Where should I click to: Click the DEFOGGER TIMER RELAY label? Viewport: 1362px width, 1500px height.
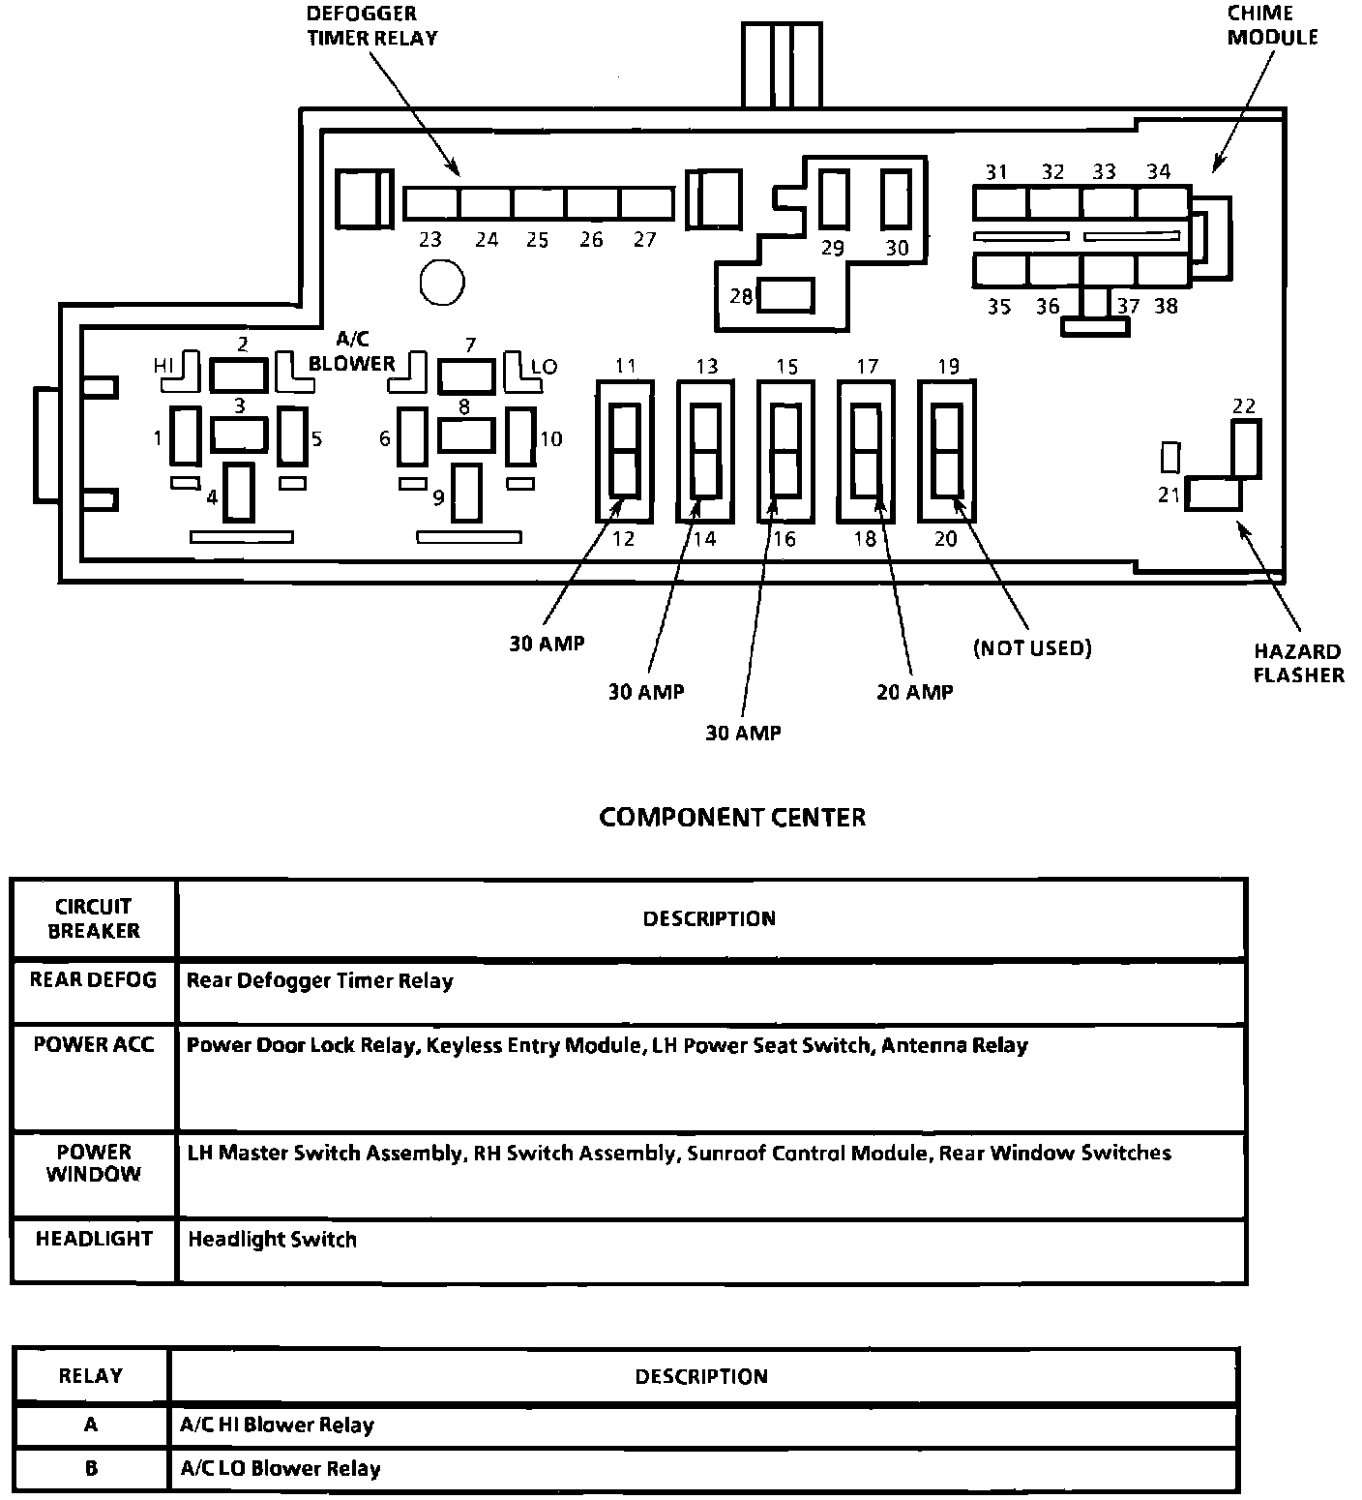click(x=371, y=26)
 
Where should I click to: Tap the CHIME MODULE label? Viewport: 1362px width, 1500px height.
click(x=1272, y=25)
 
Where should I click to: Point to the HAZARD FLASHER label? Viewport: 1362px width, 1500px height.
click(x=1298, y=663)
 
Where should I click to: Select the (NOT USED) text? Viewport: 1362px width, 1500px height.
click(x=1031, y=648)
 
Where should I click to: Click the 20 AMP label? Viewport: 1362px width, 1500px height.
click(x=914, y=692)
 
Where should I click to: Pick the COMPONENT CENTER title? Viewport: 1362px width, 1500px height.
click(x=732, y=818)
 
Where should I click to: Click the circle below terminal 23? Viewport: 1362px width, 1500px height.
click(x=442, y=283)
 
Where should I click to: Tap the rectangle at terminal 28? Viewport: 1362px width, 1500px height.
click(x=785, y=295)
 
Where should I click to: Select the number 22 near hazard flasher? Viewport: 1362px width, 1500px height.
click(x=1244, y=405)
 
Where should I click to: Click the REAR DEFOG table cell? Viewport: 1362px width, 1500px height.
click(x=93, y=980)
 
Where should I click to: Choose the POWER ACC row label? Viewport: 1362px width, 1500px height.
click(x=93, y=1045)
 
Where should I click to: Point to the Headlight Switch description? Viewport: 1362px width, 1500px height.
click(x=272, y=1240)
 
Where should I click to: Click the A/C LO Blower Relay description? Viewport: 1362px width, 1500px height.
click(x=280, y=1469)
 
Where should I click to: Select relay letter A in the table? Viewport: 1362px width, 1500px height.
click(x=91, y=1425)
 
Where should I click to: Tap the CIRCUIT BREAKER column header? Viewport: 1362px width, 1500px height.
click(x=93, y=918)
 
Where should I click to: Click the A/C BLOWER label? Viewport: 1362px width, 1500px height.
click(x=352, y=352)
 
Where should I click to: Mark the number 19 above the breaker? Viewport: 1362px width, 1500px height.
click(x=948, y=367)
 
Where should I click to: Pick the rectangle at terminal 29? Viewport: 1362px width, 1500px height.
click(x=834, y=198)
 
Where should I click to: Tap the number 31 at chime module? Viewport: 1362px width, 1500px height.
click(x=996, y=172)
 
